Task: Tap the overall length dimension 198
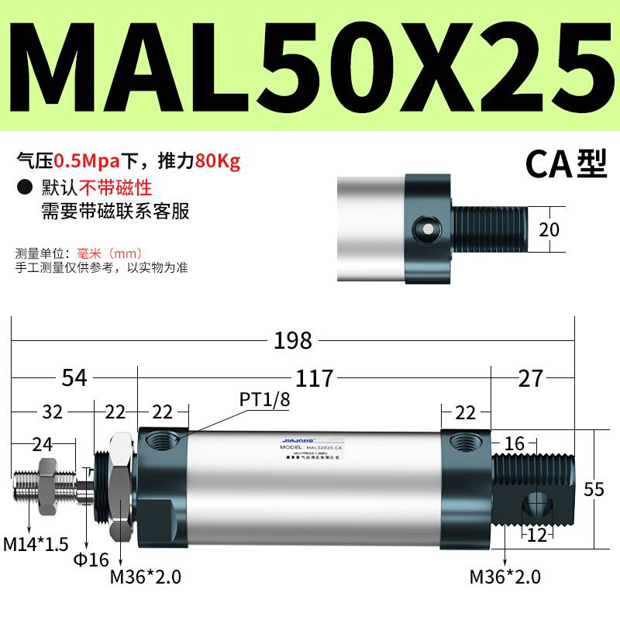(x=292, y=339)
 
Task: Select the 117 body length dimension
(x=315, y=378)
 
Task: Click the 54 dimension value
(x=74, y=378)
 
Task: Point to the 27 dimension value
(x=530, y=378)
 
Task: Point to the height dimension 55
(x=594, y=490)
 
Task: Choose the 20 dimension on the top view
(x=549, y=229)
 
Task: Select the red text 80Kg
(x=219, y=161)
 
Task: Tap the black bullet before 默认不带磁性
(x=26, y=187)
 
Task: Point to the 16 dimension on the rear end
(x=514, y=444)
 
